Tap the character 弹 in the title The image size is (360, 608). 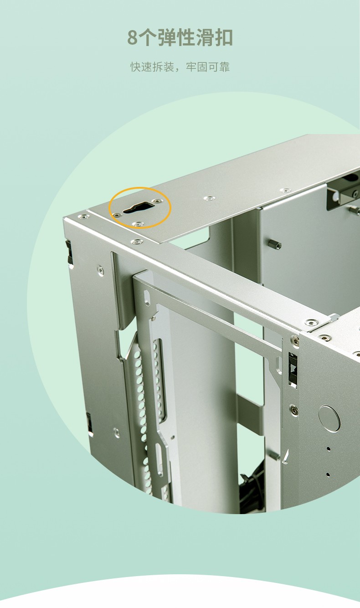click(167, 37)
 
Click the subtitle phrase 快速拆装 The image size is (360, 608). click(152, 67)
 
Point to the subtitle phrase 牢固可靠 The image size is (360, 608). click(208, 67)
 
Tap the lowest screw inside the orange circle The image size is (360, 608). click(139, 224)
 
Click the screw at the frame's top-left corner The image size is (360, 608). click(82, 216)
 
